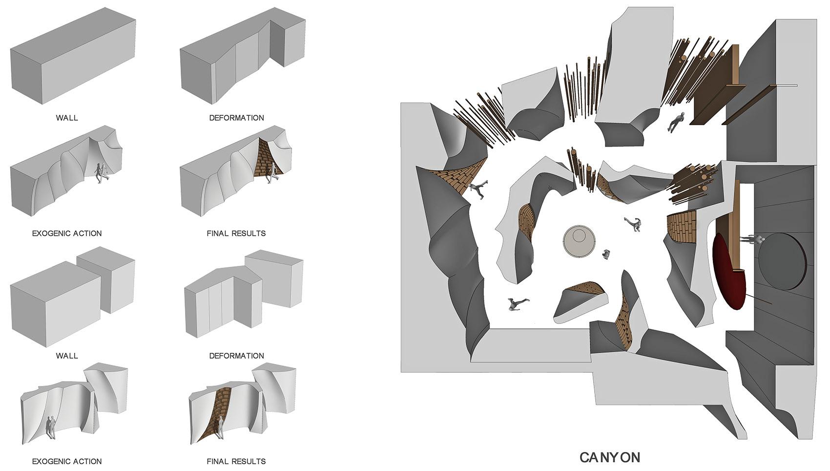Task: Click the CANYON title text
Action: pyautogui.click(x=610, y=457)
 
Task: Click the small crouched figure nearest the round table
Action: pyautogui.click(x=606, y=254)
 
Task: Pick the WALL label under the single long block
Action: pyautogui.click(x=67, y=118)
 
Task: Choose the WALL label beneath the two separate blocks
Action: pyautogui.click(x=67, y=356)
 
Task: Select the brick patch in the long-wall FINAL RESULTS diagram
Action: pyautogui.click(x=266, y=159)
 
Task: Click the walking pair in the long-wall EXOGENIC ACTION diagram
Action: pyautogui.click(x=102, y=173)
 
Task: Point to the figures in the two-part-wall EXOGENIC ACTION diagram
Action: pyautogui.click(x=51, y=427)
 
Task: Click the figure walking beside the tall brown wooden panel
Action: pyautogui.click(x=676, y=121)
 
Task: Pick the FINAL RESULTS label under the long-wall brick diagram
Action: pyautogui.click(x=236, y=234)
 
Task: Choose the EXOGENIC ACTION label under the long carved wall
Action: pyautogui.click(x=67, y=234)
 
